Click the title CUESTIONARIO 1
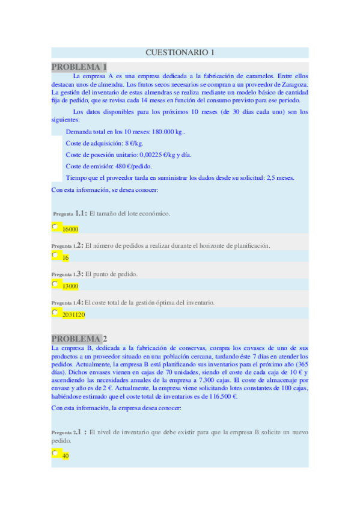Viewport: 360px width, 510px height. [180, 53]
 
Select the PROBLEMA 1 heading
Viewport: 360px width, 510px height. [79, 67]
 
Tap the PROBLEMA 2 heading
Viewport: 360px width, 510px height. [79, 339]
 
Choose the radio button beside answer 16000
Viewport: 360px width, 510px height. [55, 227]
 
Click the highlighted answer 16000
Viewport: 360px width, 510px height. [70, 229]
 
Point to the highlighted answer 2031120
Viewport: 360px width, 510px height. [73, 315]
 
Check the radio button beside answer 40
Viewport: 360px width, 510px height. [55, 453]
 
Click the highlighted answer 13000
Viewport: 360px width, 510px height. [70, 286]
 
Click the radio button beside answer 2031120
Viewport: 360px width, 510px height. [55, 312]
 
